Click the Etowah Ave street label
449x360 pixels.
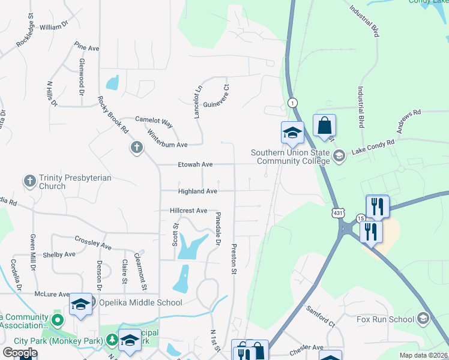pos(195,164)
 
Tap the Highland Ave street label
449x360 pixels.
pos(197,191)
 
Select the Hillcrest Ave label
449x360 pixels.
pos(188,211)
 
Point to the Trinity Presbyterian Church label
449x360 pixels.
pos(69,182)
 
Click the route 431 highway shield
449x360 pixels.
pos(339,213)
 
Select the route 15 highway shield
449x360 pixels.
pos(360,218)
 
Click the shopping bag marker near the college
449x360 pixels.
pos(324,127)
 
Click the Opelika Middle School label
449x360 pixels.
pos(132,302)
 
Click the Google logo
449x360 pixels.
pos(20,353)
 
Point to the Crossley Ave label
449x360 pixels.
pos(94,242)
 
